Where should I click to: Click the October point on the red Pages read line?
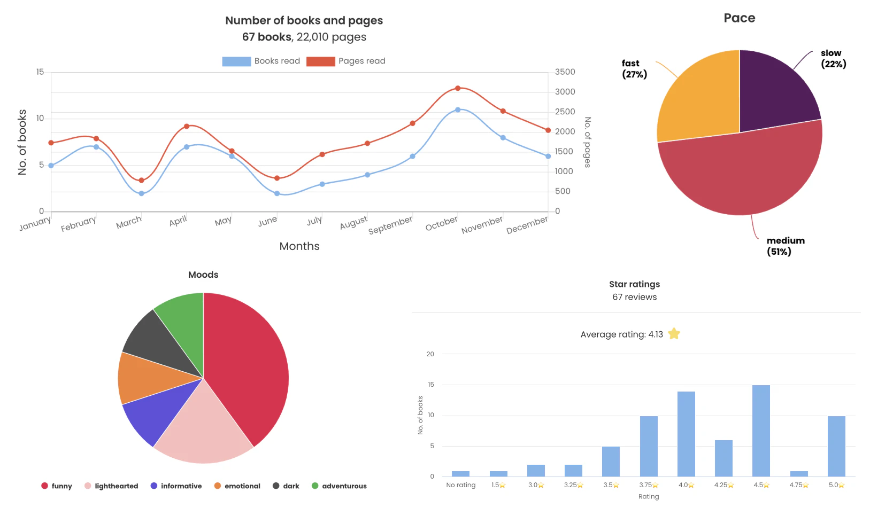pos(458,88)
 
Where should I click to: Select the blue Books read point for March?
pos(142,193)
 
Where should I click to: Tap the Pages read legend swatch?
pos(320,61)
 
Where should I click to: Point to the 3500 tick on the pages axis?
pos(565,72)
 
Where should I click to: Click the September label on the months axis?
pos(390,225)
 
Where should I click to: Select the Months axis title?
pos(299,246)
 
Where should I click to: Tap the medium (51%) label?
pos(785,246)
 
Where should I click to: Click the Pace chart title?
pos(739,18)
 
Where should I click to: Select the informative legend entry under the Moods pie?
pos(176,486)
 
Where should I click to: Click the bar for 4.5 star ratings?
pos(761,431)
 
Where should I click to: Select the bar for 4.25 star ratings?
pos(723,458)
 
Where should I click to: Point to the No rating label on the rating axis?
pos(460,485)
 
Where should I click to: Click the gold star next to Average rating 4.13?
pos(674,334)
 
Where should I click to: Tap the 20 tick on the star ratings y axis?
pos(430,354)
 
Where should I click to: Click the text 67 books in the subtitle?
pos(266,37)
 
